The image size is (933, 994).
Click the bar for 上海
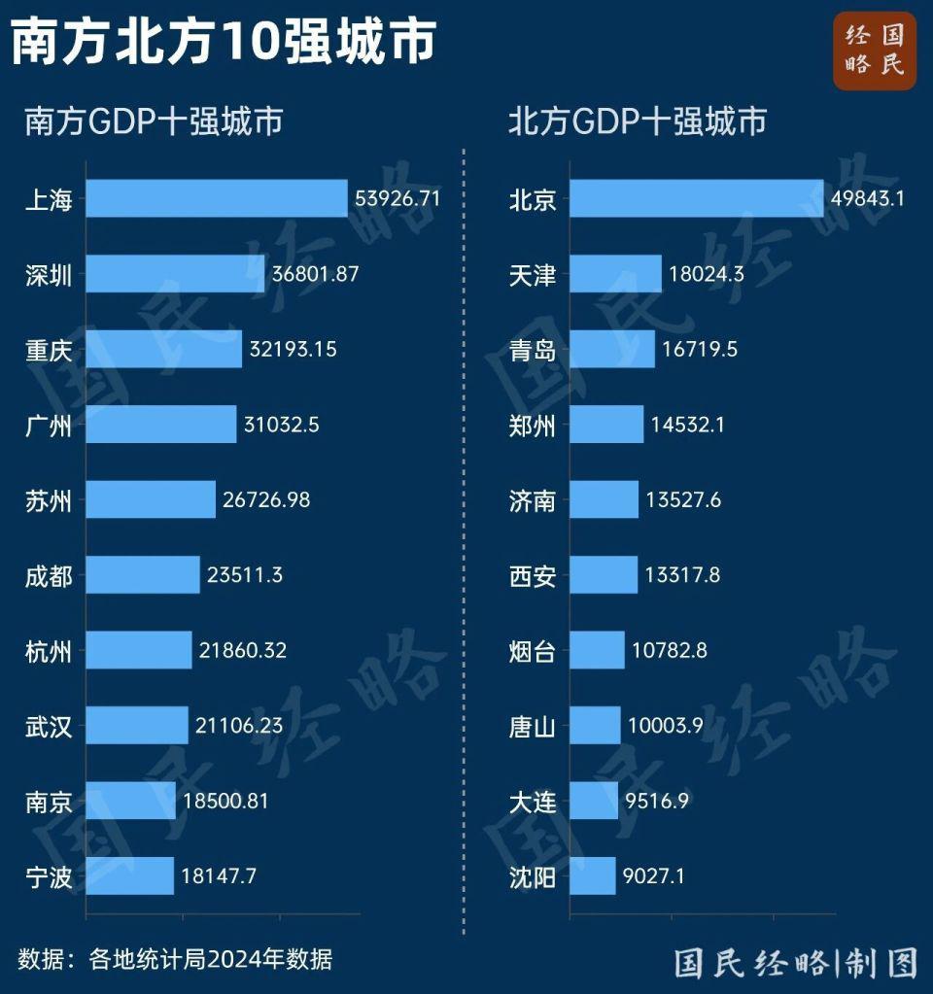point(217,198)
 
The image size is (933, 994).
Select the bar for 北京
point(696,198)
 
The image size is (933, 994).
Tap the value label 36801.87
point(316,274)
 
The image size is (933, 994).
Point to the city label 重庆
point(49,350)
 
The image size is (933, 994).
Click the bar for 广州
point(161,425)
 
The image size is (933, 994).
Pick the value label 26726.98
point(266,500)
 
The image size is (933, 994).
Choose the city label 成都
point(49,575)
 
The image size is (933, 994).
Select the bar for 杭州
point(139,650)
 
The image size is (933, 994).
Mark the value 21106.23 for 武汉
point(239,725)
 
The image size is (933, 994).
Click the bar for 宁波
point(130,875)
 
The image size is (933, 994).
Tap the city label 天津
point(533,275)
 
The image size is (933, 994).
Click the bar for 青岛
point(612,350)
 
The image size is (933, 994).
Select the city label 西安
point(533,575)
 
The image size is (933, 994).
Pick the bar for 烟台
point(597,650)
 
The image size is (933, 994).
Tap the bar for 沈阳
point(593,875)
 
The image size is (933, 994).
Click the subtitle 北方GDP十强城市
point(638,121)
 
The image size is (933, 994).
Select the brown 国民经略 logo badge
point(874,51)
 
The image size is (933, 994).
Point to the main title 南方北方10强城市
point(224,43)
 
